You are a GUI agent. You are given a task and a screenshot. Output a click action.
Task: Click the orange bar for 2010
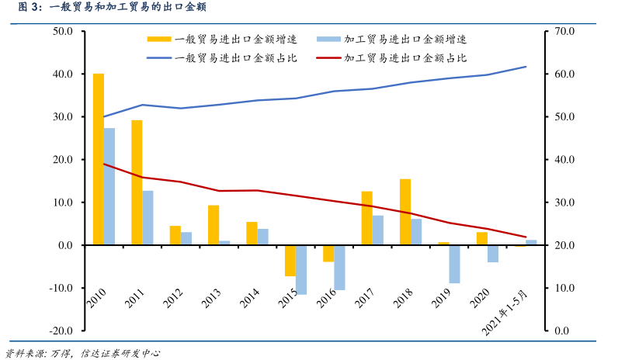pyautogui.click(x=99, y=159)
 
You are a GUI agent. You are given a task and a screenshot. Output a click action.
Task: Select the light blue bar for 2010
pyautogui.click(x=109, y=186)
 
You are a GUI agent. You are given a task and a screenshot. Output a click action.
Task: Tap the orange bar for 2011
pyautogui.click(x=137, y=182)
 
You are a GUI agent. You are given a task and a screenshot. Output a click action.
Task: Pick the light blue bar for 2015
pyautogui.click(x=301, y=270)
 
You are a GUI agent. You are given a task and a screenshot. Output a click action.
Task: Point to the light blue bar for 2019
pyautogui.click(x=454, y=264)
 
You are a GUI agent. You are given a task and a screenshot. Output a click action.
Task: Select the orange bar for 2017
pyautogui.click(x=367, y=218)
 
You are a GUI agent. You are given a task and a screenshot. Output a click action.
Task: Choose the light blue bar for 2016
pyautogui.click(x=339, y=268)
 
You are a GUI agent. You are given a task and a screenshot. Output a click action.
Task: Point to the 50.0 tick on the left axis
pyautogui.click(x=62, y=31)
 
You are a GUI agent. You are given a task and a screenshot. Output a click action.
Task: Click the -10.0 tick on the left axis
pyautogui.click(x=61, y=288)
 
